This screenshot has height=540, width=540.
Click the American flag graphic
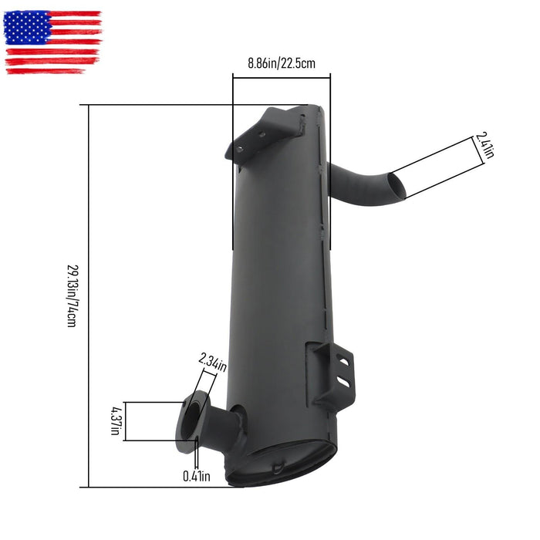[x=52, y=42]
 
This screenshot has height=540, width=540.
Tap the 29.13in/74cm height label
[x=72, y=295]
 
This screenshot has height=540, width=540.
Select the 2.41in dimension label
[x=484, y=145]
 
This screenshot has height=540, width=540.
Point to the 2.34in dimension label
[x=213, y=359]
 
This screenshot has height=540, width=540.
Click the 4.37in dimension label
[x=114, y=421]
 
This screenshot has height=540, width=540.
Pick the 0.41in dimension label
[x=196, y=476]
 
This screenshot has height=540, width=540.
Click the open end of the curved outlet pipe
[x=394, y=185]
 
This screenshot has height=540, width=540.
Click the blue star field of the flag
[x=28, y=28]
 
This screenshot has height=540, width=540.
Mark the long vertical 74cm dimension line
[x=89, y=295]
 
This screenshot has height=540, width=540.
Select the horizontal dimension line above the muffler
[x=282, y=75]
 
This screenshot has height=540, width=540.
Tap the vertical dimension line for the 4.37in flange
[x=126, y=421]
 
